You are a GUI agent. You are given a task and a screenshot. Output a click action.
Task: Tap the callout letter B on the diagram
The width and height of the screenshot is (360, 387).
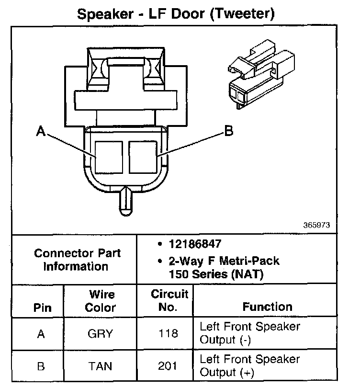(x=229, y=131)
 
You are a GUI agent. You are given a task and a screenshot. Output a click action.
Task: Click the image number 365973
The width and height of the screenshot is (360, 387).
(x=316, y=224)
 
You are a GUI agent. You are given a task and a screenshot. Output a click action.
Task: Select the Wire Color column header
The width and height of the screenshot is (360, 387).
(x=101, y=300)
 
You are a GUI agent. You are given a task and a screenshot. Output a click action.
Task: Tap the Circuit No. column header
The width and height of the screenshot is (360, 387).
(x=169, y=300)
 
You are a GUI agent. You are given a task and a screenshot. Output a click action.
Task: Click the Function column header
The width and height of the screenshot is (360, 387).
(x=267, y=307)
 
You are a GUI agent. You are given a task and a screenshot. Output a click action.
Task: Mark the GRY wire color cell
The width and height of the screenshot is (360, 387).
(x=101, y=334)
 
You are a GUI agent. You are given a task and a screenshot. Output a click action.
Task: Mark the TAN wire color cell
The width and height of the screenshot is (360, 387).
(x=101, y=366)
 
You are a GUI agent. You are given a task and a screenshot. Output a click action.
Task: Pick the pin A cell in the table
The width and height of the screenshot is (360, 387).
(x=42, y=334)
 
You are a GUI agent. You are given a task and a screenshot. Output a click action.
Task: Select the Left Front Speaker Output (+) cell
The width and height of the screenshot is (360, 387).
(x=249, y=365)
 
